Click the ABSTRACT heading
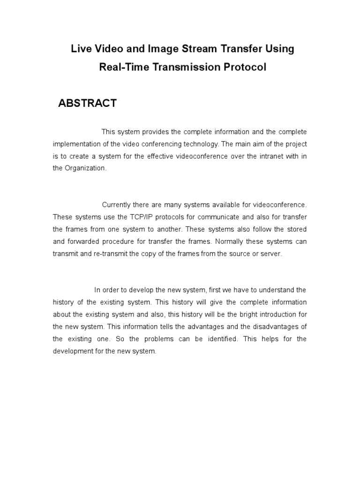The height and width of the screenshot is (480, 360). click(87, 104)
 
